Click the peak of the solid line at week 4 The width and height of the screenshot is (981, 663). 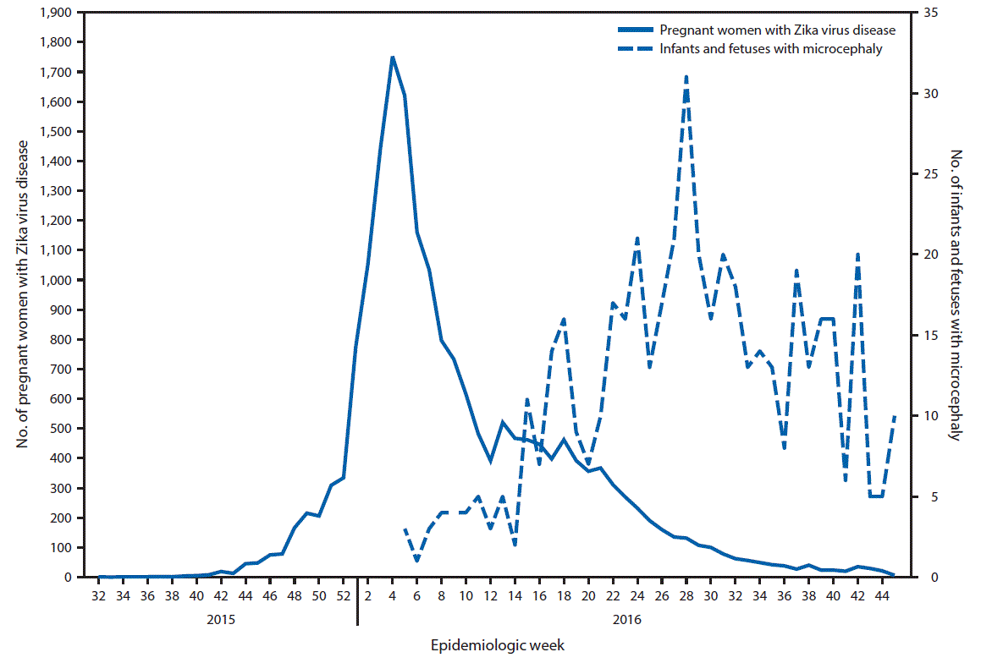(x=392, y=57)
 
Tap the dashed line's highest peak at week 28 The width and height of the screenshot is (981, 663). (x=686, y=76)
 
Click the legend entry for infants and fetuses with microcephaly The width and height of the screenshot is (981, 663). (x=770, y=49)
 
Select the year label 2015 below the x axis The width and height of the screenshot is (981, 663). (x=221, y=618)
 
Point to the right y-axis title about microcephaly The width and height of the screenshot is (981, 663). (x=956, y=295)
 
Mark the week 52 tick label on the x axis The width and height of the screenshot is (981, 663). (x=343, y=595)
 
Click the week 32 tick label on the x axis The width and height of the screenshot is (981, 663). (x=98, y=595)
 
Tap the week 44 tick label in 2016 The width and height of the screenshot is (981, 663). (x=882, y=595)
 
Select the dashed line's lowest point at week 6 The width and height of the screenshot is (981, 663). (x=416, y=561)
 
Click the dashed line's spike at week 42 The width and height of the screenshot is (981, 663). (x=857, y=254)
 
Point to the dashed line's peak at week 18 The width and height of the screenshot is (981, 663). (x=564, y=319)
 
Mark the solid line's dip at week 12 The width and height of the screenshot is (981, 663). (x=490, y=462)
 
